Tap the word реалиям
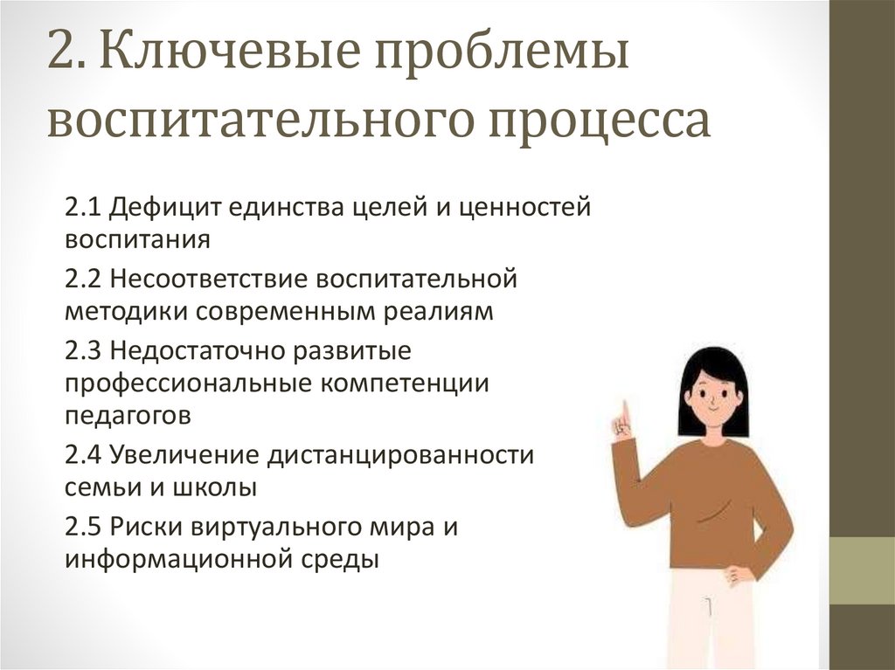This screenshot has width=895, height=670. [445, 312]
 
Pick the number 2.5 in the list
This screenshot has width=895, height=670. [84, 528]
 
